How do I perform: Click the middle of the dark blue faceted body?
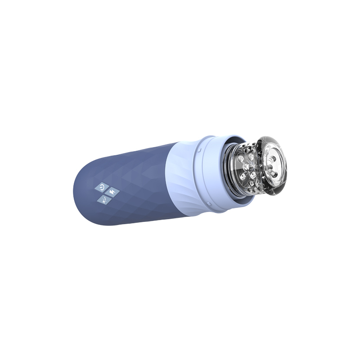[135, 184]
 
